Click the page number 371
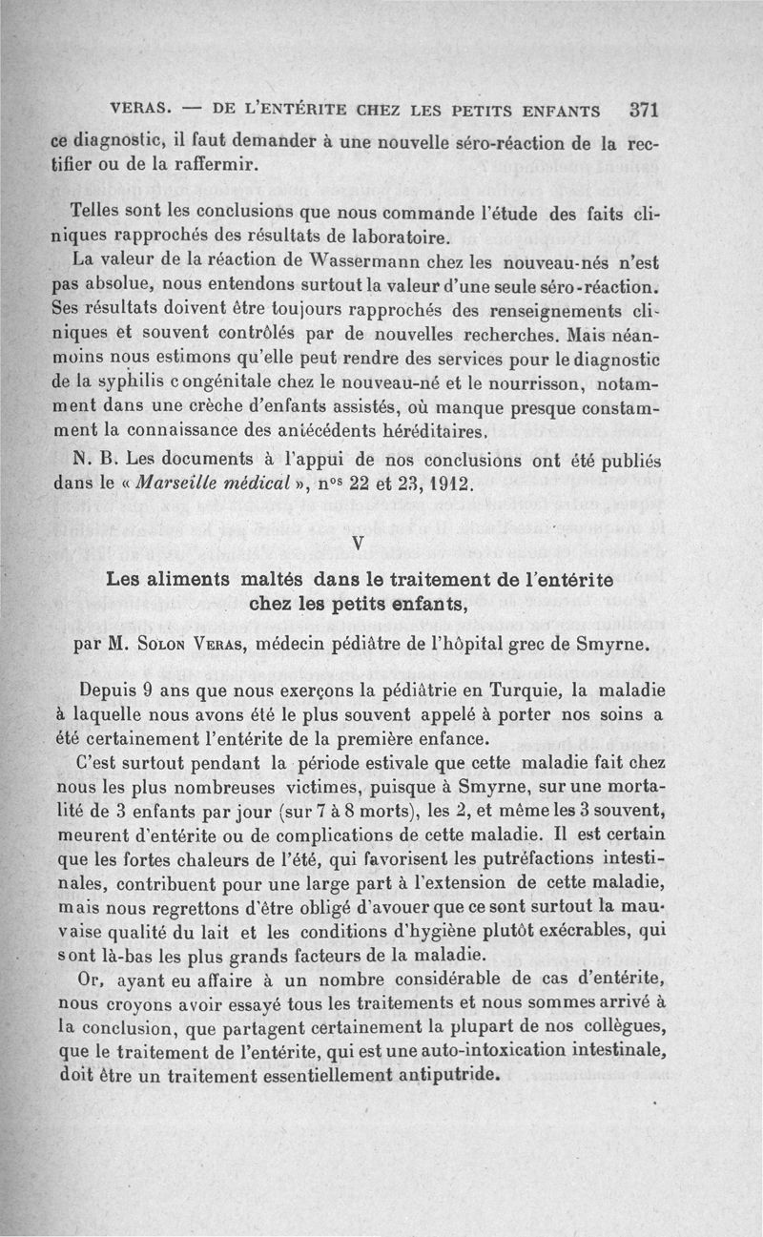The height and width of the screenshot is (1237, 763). pyautogui.click(x=646, y=108)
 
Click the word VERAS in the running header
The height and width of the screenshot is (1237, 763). pyautogui.click(x=140, y=110)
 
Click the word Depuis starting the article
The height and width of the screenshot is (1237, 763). pyautogui.click(x=112, y=689)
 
